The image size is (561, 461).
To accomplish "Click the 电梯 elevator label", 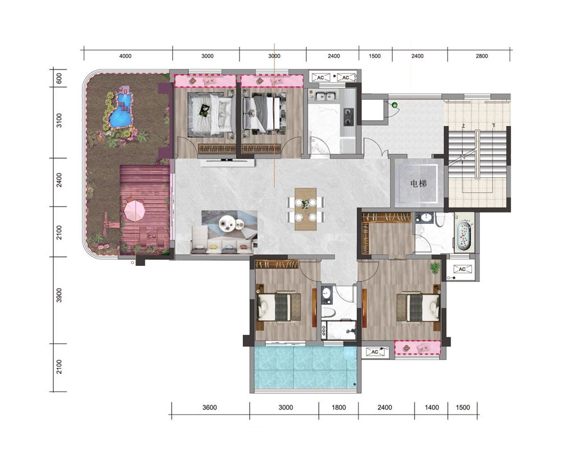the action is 419,184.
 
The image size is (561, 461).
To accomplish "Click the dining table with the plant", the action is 306,209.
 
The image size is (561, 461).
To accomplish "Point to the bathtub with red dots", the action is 463,236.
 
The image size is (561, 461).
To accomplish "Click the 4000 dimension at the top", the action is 125,56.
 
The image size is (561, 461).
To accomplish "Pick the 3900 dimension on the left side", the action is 59,296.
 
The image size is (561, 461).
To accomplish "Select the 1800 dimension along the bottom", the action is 338,407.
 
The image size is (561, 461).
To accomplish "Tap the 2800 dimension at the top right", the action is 481,56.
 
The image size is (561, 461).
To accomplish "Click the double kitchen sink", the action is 324,96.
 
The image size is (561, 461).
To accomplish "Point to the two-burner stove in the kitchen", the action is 348,117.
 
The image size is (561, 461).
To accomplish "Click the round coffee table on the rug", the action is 227,224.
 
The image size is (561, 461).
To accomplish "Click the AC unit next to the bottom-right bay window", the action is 375,352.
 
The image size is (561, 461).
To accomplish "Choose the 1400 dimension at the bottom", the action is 432,407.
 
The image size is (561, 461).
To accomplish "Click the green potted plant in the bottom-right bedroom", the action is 435,268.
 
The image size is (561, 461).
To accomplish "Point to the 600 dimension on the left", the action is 59,79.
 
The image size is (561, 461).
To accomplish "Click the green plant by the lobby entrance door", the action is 394,105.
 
